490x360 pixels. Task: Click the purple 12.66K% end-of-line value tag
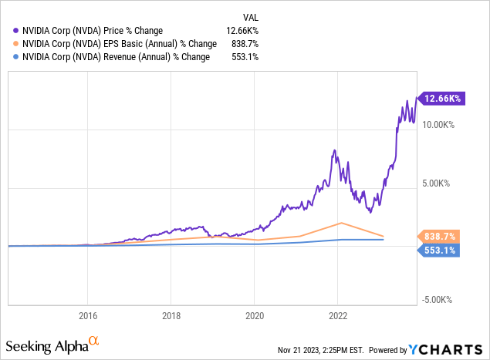(x=441, y=98)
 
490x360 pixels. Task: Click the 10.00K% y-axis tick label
(x=438, y=124)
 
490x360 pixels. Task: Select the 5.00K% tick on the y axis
(x=438, y=183)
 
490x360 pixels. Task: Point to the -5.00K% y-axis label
(x=438, y=301)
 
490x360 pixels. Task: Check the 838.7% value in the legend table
(x=243, y=44)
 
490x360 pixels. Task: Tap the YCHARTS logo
(x=448, y=347)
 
